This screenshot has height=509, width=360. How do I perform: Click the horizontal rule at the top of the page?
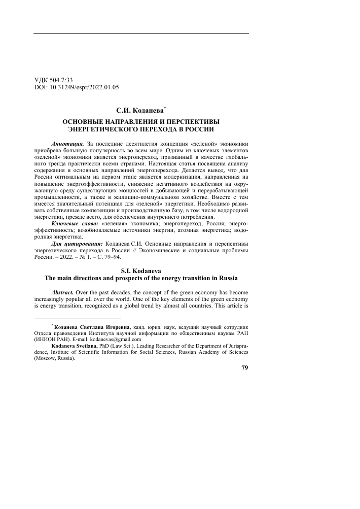[x=141, y=33]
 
